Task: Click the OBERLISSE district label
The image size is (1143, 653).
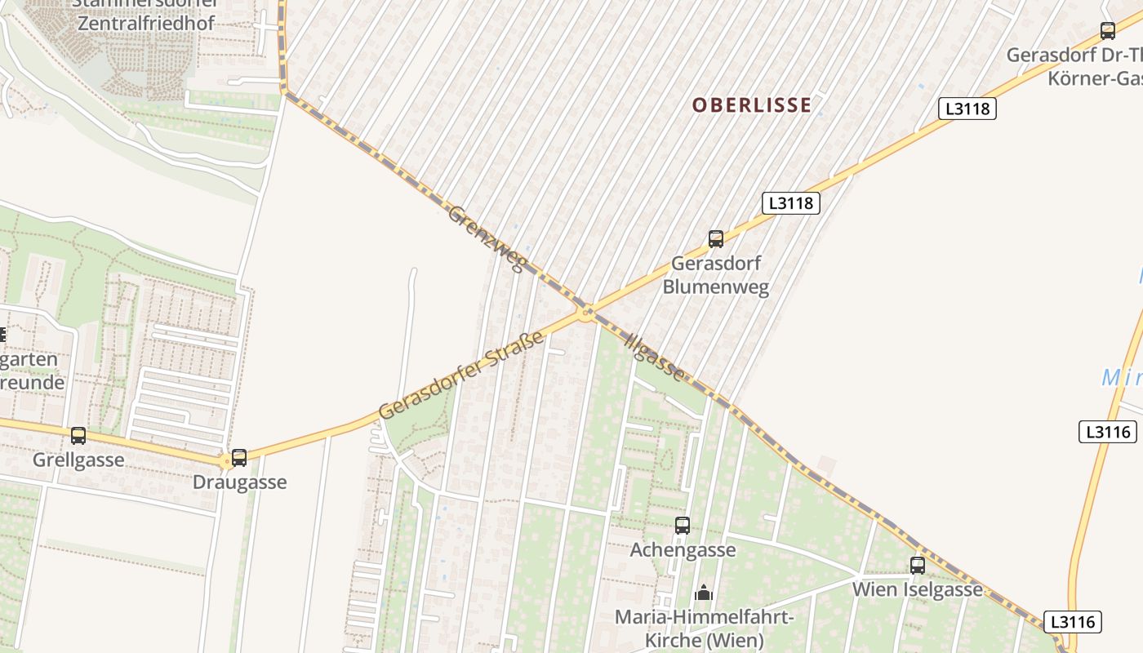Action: (x=752, y=104)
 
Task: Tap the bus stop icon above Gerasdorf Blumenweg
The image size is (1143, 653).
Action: (x=716, y=239)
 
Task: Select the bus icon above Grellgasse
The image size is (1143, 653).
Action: (x=78, y=436)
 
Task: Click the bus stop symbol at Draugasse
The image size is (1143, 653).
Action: (x=239, y=458)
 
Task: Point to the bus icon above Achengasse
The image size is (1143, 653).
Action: (x=683, y=526)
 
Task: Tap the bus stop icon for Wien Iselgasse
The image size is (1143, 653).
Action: (x=918, y=565)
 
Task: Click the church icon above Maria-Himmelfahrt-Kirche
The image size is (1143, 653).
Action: (x=703, y=593)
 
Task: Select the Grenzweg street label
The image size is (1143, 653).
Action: (x=485, y=238)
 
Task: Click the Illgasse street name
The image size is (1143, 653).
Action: (x=654, y=357)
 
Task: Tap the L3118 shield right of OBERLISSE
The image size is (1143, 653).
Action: (x=967, y=109)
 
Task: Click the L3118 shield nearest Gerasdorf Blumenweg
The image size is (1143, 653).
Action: (x=791, y=202)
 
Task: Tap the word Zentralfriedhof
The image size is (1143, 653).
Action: (x=146, y=23)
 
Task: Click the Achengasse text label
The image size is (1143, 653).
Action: (x=683, y=550)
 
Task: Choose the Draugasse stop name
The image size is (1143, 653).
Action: (x=239, y=482)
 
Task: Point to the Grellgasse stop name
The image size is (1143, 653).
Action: (x=78, y=460)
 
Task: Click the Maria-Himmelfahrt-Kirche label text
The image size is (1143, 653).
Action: (x=704, y=628)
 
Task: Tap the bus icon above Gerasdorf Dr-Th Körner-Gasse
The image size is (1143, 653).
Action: (x=1108, y=31)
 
